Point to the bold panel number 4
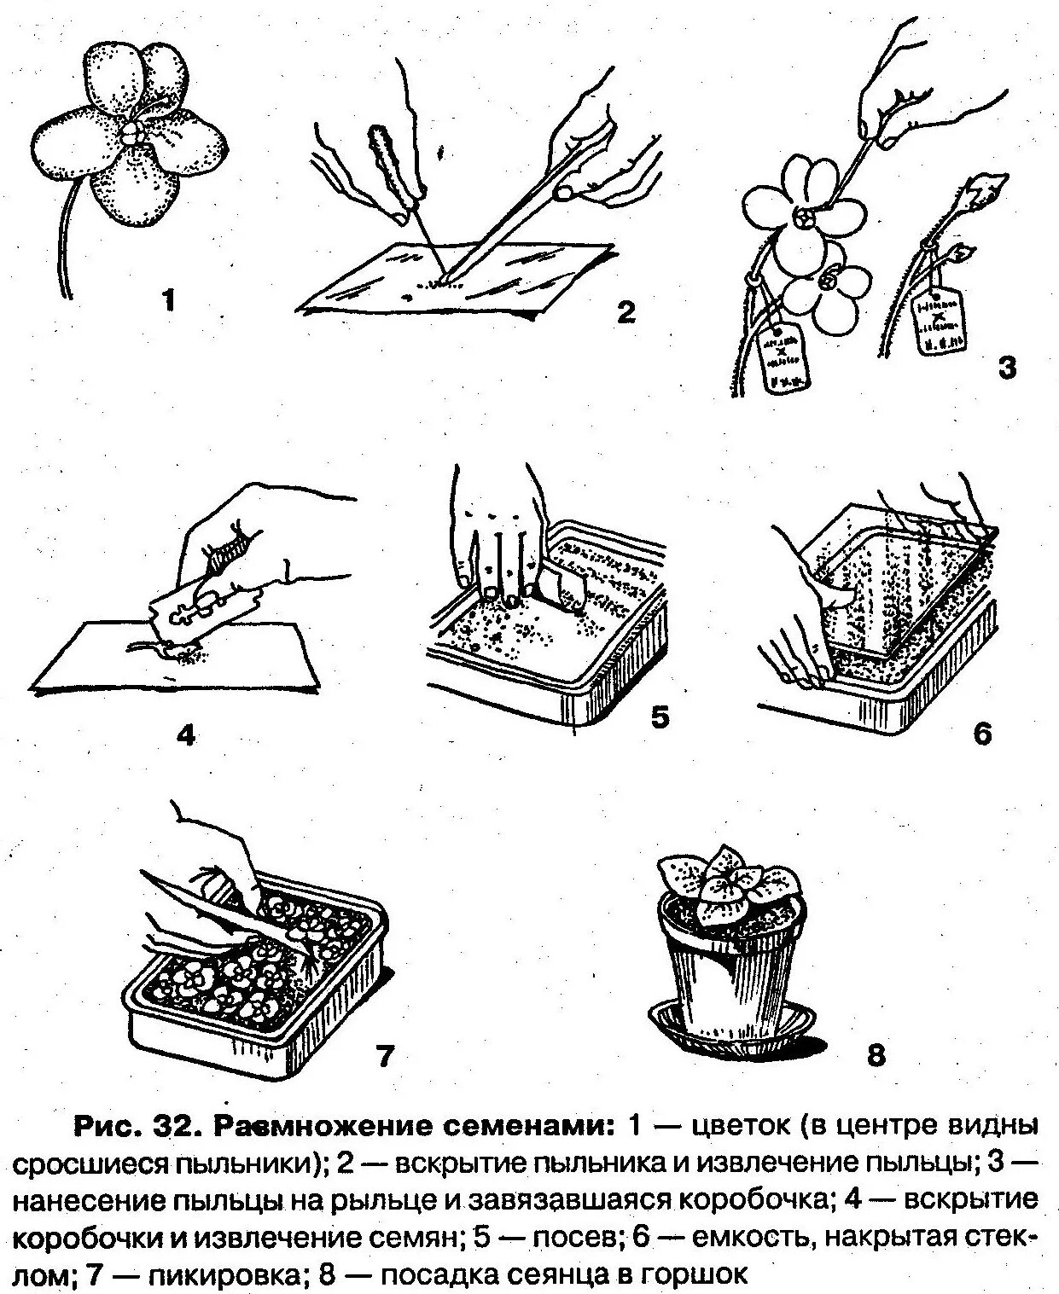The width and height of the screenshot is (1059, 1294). coord(186,734)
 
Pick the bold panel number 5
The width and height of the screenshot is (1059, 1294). coord(660,717)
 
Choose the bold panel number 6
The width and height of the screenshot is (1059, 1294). coord(983,733)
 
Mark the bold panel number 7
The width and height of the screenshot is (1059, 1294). coord(384,1057)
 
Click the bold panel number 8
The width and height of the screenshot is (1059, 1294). coord(876,1055)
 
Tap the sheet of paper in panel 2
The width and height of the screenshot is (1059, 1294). coord(478,281)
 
